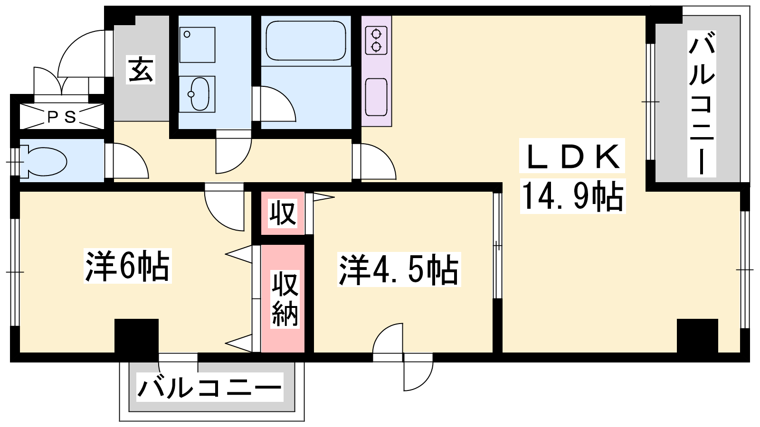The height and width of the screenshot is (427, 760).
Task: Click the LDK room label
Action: click(572, 157)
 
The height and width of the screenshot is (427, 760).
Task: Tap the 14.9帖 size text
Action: click(573, 196)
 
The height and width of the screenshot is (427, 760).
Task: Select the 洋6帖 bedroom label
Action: click(127, 266)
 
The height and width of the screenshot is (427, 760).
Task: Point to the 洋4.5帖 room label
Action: click(399, 270)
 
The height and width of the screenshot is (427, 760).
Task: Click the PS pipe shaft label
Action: click(61, 117)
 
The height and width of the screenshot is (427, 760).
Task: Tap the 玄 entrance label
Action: click(141, 70)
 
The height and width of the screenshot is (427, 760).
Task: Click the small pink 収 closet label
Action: click(283, 213)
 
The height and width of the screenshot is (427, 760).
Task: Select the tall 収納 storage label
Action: click(285, 299)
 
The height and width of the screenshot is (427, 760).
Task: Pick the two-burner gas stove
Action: click(376, 41)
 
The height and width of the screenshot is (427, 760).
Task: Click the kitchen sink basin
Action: click(376, 97)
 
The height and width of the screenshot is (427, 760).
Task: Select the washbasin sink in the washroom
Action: click(197, 94)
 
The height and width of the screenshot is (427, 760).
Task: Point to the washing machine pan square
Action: click(197, 45)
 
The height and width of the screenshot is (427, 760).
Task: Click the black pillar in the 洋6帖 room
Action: click(136, 336)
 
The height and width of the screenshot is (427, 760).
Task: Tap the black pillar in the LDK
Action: click(697, 336)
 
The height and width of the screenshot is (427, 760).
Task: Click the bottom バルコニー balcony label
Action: click(209, 387)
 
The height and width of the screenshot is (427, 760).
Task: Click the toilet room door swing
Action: click(131, 161)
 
